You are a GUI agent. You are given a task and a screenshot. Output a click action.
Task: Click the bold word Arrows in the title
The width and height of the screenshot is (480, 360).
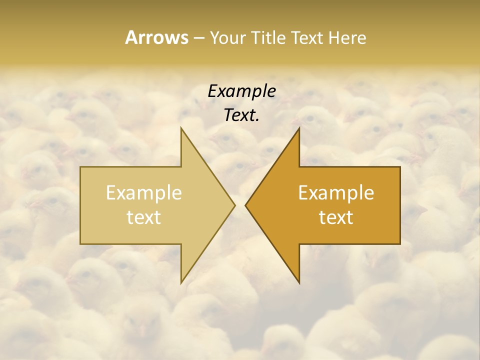[156, 37]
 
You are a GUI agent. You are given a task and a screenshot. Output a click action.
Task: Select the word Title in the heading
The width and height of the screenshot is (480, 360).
[269, 38]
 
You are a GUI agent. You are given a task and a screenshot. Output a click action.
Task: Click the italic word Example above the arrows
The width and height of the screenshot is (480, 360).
[241, 91]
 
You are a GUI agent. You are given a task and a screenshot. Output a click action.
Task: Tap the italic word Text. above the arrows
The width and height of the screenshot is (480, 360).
[241, 115]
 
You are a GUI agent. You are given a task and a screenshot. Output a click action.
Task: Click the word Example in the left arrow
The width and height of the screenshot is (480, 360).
[144, 193]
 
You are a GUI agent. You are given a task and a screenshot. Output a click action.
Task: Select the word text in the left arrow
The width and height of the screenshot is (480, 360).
[144, 217]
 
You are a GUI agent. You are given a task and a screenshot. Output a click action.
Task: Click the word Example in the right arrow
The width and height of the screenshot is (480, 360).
[336, 193]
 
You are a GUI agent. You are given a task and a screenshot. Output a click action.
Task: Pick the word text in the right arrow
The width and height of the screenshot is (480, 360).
[336, 217]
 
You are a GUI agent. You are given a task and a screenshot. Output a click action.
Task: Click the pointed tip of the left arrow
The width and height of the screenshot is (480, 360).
[234, 205]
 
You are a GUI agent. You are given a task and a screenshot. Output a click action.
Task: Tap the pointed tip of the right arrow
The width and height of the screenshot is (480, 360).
[245, 205]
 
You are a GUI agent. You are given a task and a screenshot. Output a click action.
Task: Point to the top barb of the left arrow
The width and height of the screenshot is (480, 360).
[182, 129]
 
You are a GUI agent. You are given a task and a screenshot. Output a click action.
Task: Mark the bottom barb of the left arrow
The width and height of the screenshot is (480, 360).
[182, 281]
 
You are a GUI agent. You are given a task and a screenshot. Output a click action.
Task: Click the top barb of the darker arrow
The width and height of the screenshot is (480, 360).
[298, 129]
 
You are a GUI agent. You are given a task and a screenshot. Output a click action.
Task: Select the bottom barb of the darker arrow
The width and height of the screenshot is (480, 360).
[298, 281]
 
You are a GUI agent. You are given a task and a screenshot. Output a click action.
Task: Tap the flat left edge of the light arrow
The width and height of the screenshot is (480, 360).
[81, 205]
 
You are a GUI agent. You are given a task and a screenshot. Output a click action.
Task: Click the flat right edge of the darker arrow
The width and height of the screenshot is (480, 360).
[399, 205]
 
